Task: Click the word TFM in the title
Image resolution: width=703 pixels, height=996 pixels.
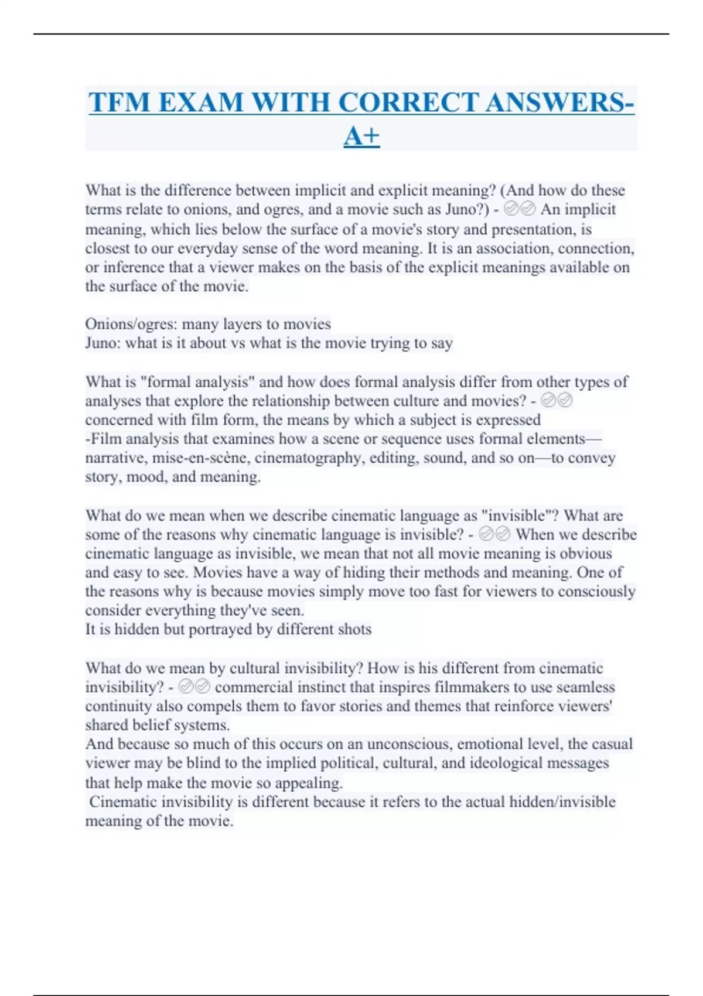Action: (120, 103)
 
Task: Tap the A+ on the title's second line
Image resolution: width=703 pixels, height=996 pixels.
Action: (361, 137)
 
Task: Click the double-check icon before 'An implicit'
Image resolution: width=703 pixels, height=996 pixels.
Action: (520, 209)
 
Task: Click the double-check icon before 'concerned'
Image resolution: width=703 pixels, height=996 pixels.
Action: (557, 401)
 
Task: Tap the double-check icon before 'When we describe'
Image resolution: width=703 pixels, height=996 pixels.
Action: (494, 534)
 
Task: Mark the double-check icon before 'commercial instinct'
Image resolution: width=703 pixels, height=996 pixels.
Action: (194, 687)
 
